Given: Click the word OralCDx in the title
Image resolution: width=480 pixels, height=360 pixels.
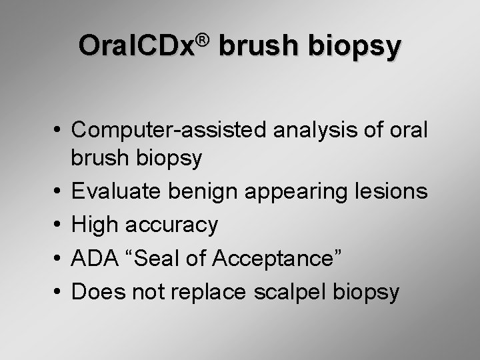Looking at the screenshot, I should [x=135, y=47].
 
